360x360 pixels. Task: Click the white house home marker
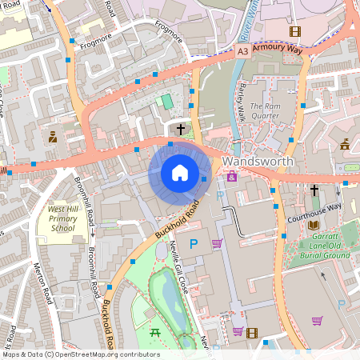180,173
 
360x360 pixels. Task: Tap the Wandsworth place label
258,162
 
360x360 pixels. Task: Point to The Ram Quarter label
266,111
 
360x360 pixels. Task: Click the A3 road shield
243,51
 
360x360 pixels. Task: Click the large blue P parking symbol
193,243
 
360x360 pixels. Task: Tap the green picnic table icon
154,331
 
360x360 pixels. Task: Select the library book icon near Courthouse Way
312,225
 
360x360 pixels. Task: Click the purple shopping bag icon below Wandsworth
232,177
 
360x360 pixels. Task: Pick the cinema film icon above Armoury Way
294,32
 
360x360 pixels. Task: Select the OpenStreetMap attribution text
80,354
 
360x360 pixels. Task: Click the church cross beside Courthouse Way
314,190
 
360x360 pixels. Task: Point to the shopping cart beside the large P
217,243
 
